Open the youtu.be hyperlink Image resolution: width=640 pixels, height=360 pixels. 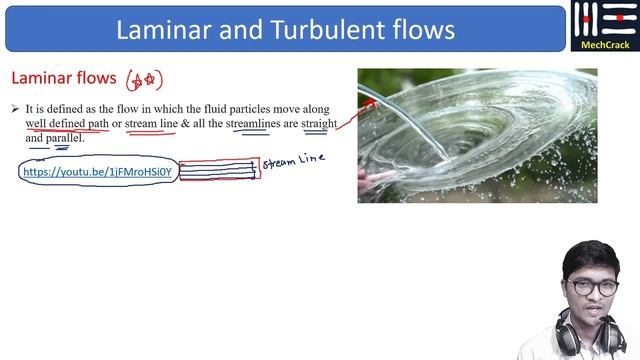(x=98, y=172)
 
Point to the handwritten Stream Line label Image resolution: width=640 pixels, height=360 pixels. (x=293, y=162)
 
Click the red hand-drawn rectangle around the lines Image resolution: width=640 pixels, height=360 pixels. (x=219, y=169)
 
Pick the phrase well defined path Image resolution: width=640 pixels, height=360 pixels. (x=66, y=124)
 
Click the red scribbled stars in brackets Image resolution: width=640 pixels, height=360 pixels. (x=143, y=80)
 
